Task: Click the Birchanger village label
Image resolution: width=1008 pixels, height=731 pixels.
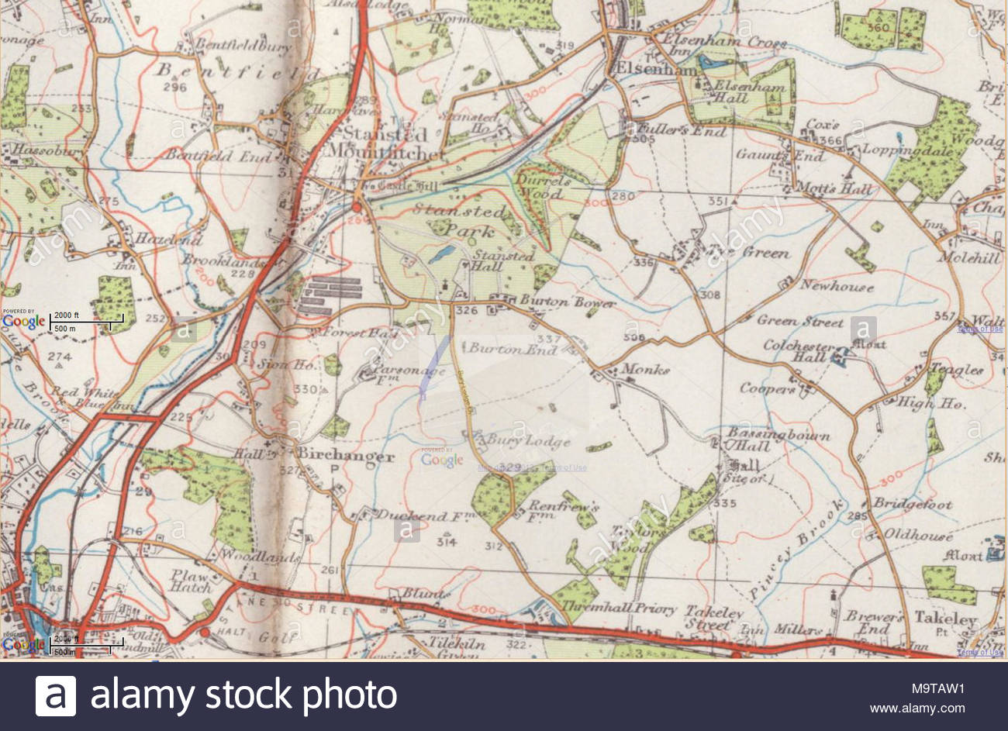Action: (x=347, y=456)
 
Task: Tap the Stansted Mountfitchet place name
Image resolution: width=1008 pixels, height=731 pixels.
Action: (x=385, y=143)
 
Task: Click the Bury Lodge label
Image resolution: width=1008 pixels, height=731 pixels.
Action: (x=528, y=442)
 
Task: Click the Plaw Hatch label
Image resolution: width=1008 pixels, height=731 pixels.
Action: (x=191, y=581)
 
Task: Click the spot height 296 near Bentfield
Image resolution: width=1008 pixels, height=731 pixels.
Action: (x=175, y=88)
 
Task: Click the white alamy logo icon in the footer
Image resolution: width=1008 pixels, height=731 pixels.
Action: (x=56, y=695)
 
